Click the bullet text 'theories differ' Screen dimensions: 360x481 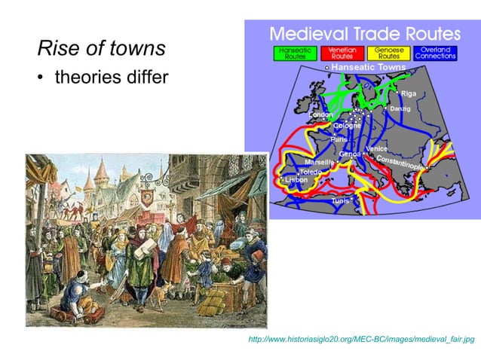pyautogui.click(x=110, y=78)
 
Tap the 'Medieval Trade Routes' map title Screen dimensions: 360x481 pyautogui.click(x=365, y=34)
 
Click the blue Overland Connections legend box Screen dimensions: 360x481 pyautogui.click(x=437, y=53)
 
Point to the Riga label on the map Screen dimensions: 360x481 pyautogui.click(x=409, y=93)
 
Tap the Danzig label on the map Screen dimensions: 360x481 pyautogui.click(x=400, y=109)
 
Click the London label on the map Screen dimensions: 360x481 pyautogui.click(x=321, y=114)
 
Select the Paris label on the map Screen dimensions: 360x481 pyautogui.click(x=339, y=139)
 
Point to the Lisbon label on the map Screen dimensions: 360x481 pyautogui.click(x=296, y=180)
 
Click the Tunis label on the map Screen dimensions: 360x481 pyautogui.click(x=340, y=201)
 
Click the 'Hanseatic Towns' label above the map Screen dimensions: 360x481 pyautogui.click(x=369, y=67)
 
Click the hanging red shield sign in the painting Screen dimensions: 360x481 pyautogui.click(x=147, y=197)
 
